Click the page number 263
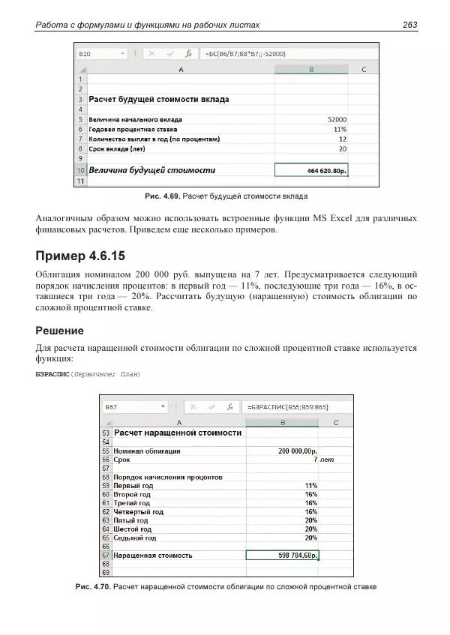click(x=409, y=25)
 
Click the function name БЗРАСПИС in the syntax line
click(x=52, y=374)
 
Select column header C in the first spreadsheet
click(x=363, y=69)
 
